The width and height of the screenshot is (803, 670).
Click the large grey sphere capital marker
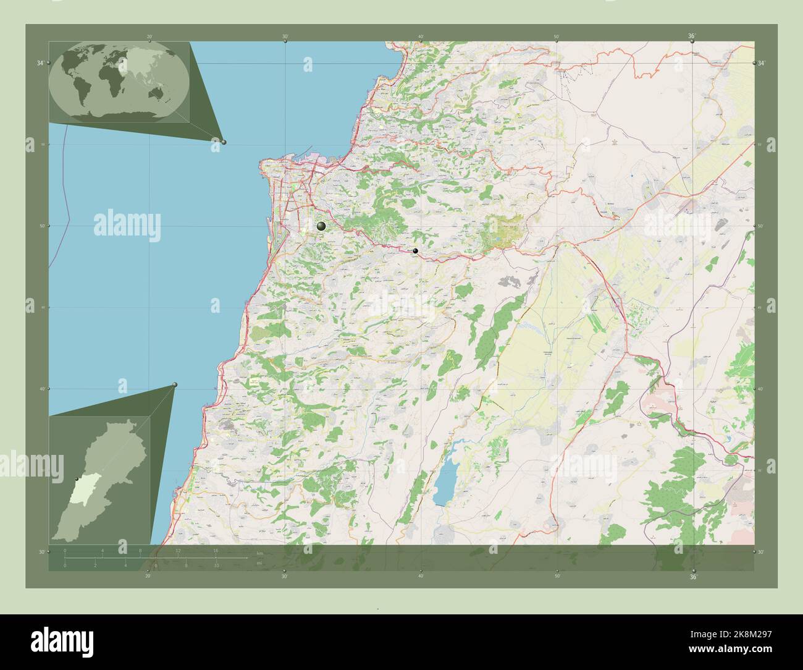(x=321, y=226)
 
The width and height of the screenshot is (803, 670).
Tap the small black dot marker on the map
(x=416, y=251)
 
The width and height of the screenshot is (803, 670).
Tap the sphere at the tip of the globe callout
(x=224, y=142)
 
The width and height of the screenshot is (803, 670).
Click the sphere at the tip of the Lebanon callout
(x=175, y=384)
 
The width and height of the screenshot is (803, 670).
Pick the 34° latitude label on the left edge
(x=40, y=63)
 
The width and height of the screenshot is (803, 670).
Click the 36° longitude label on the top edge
(x=692, y=36)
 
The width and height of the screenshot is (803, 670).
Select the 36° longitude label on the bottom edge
(x=692, y=577)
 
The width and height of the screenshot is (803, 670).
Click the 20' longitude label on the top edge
(x=149, y=36)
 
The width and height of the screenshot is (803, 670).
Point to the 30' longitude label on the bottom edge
(x=284, y=577)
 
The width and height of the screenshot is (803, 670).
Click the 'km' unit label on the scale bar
(x=259, y=552)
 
